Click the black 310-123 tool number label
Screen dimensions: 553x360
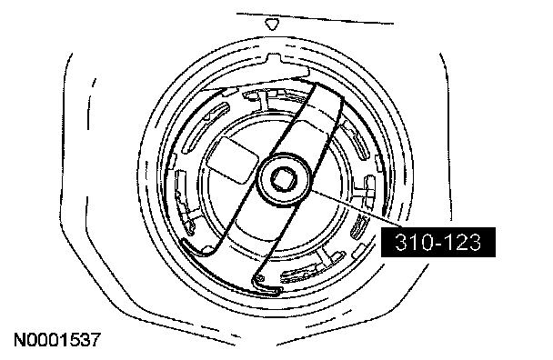tap(438, 242)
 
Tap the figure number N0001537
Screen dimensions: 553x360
tap(57, 340)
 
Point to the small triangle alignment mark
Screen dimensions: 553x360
tap(272, 25)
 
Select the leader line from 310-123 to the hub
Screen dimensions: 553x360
tap(357, 209)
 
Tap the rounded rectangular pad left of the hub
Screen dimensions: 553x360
tap(233, 160)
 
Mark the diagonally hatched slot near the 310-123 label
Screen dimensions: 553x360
tap(360, 225)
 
